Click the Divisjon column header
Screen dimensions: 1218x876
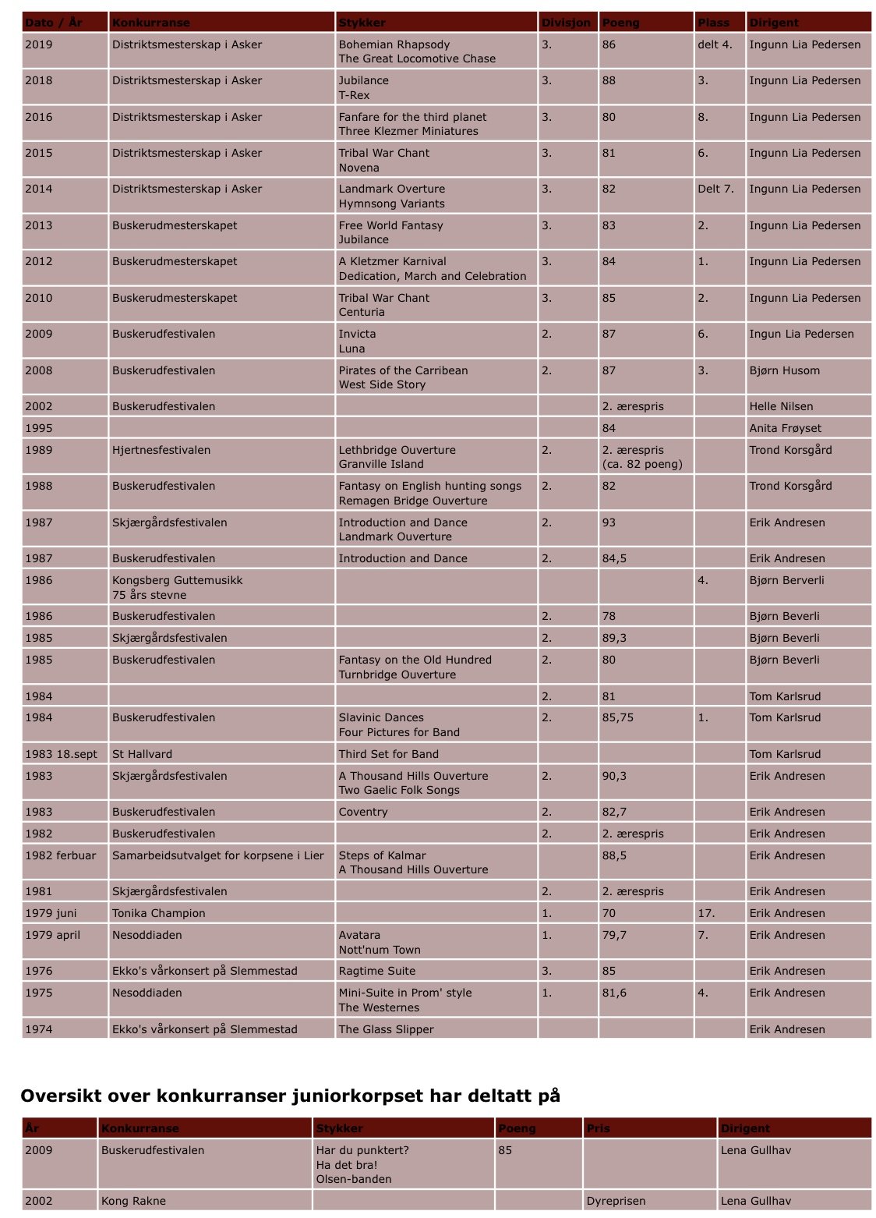[x=566, y=23]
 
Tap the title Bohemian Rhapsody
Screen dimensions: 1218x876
[x=394, y=44]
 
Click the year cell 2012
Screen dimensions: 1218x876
[x=39, y=261]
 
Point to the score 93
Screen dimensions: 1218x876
[x=609, y=522]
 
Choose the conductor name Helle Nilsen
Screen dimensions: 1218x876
[x=781, y=406]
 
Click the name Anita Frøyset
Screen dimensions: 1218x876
[x=785, y=428]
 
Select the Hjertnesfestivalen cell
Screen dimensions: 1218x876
[x=161, y=450]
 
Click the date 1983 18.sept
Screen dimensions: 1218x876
[x=62, y=754]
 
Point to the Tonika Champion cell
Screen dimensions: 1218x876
[x=159, y=913]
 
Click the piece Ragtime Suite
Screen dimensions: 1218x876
[x=377, y=971]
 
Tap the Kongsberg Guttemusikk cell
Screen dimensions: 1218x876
[x=178, y=580]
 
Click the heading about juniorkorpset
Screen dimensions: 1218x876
[x=290, y=1096]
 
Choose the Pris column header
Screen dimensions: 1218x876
[x=599, y=1128]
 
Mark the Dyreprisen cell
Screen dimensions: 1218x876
[x=616, y=1201]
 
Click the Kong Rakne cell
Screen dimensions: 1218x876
[x=133, y=1201]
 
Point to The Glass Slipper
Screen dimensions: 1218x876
[x=386, y=1029]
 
